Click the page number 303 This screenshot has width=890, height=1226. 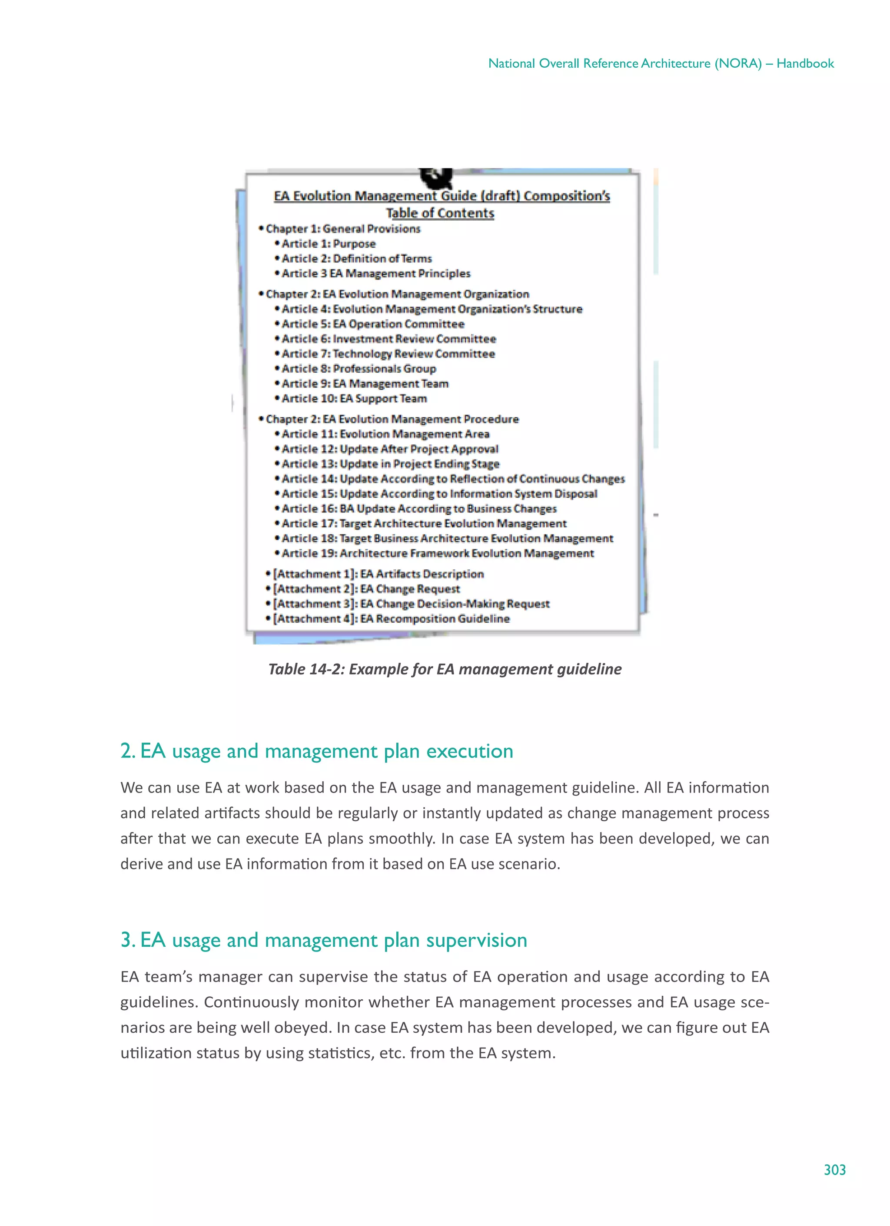tap(834, 1169)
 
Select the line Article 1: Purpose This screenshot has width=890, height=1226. tap(328, 244)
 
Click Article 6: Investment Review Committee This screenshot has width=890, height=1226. tap(388, 339)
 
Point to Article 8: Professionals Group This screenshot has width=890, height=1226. tap(358, 369)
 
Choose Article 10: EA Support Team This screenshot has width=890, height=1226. tap(354, 398)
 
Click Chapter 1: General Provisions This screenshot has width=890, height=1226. tap(342, 229)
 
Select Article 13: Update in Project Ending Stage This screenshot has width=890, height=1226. tap(390, 464)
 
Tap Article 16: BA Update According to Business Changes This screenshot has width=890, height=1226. tap(419, 509)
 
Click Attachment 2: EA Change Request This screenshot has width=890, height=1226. tap(366, 588)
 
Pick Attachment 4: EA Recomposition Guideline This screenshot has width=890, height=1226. tap(391, 618)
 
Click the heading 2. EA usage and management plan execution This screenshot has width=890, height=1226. tap(316, 751)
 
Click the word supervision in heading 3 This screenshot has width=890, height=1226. tap(476, 940)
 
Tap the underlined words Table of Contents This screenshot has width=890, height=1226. tap(439, 213)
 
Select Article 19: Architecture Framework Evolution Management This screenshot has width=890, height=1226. tap(437, 554)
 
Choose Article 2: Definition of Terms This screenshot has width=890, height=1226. tap(356, 259)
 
